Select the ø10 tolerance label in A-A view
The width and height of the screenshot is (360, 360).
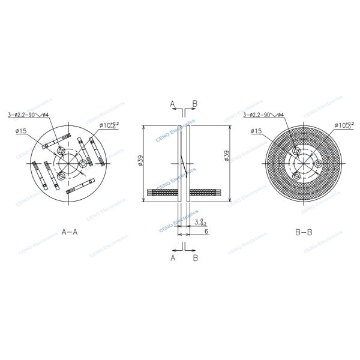[x=109, y=125]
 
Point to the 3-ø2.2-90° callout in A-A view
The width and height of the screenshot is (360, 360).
[x=28, y=114]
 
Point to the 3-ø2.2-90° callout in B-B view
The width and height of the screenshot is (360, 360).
[x=264, y=114]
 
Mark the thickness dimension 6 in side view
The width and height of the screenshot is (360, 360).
[x=206, y=231]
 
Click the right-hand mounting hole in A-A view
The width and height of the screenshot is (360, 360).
[x=82, y=163]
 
